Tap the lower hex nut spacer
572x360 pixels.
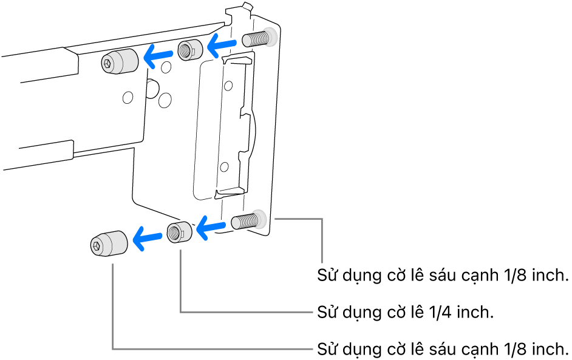[179, 232]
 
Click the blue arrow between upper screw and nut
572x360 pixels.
[222, 43]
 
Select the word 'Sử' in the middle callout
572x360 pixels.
[328, 313]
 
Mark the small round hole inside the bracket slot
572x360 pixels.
[225, 165]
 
